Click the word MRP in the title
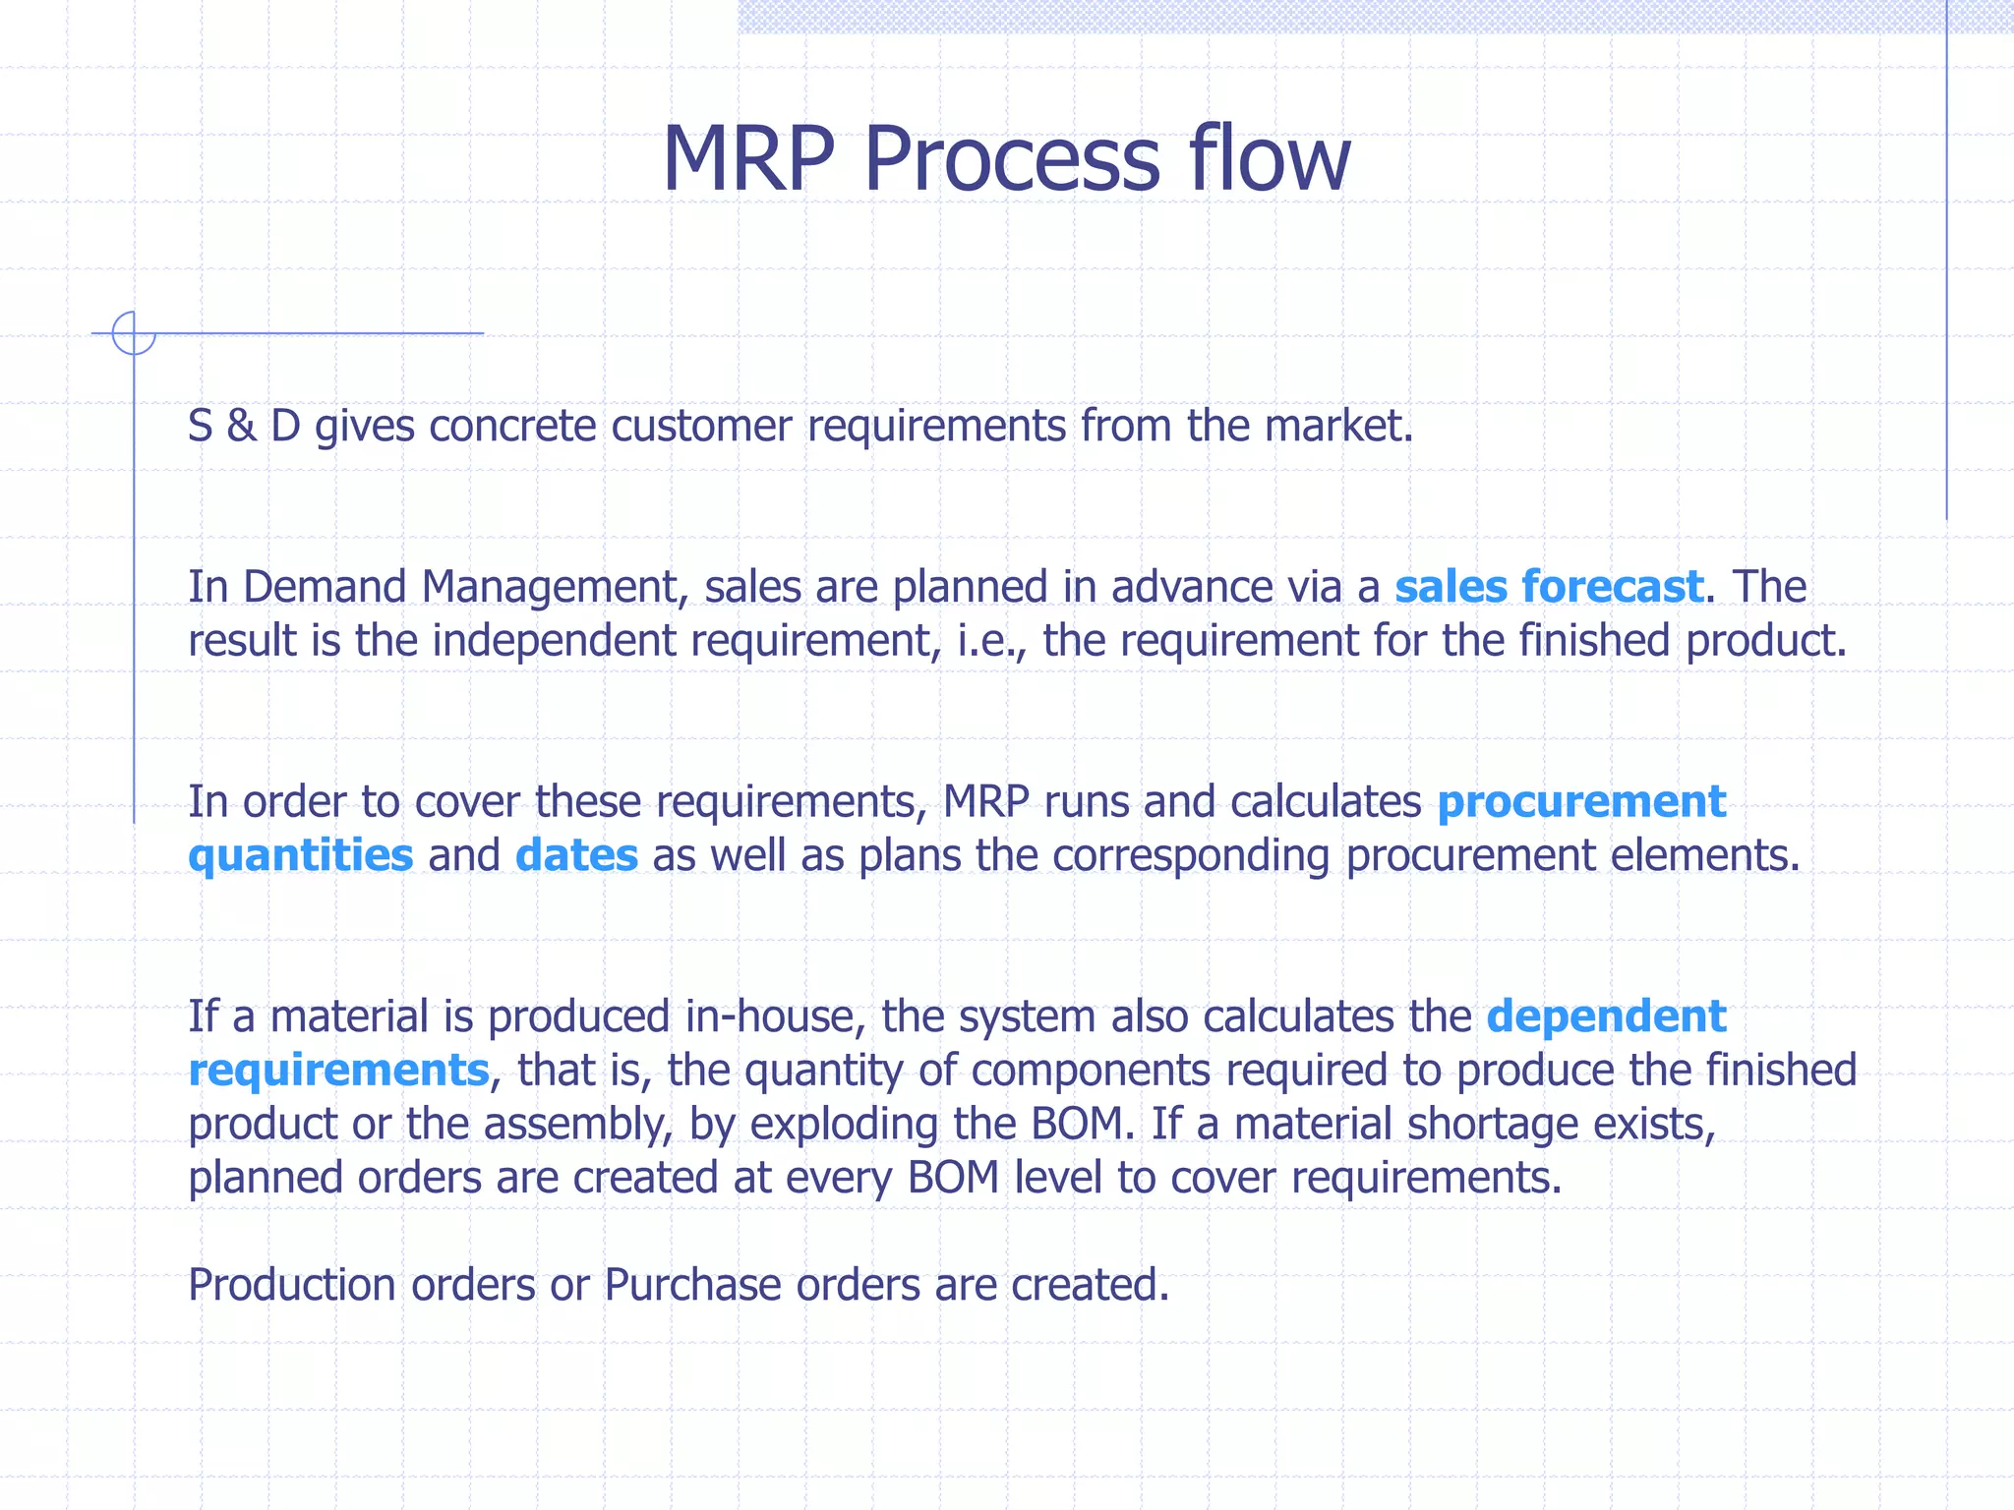click(x=748, y=159)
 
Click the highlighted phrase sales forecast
click(x=1548, y=587)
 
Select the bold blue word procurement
click(x=1580, y=802)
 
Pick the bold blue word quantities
click(x=300, y=855)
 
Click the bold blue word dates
click(x=576, y=855)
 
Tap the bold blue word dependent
click(x=1606, y=1016)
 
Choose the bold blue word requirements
click(x=338, y=1071)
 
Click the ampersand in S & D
click(x=241, y=427)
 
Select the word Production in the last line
click(x=291, y=1285)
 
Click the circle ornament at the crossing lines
click(x=134, y=333)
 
